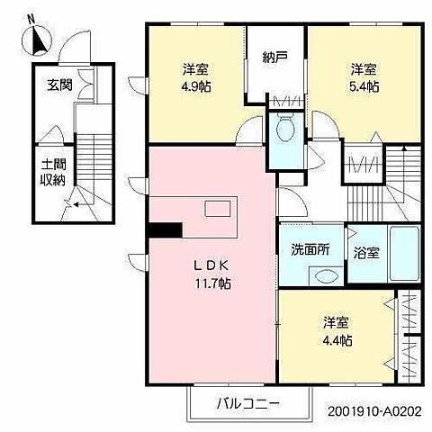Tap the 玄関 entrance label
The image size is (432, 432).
tap(59, 85)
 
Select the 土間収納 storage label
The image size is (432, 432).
tap(53, 173)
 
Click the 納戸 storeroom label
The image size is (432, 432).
tap(275, 57)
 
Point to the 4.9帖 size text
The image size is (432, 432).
tap(196, 87)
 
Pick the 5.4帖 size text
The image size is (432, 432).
tap(364, 87)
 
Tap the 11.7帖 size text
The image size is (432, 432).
tap(213, 283)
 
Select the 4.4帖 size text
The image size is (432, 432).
tap(337, 340)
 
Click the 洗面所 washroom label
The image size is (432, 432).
tap(310, 249)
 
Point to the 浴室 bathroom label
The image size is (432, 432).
tap(366, 253)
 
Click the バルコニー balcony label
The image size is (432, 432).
tap(248, 403)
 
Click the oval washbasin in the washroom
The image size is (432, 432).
tap(326, 276)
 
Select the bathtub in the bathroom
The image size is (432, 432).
tap(404, 253)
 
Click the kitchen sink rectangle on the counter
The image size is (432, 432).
tap(218, 209)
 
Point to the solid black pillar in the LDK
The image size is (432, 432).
tap(166, 230)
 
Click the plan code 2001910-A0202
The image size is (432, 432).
tap(374, 411)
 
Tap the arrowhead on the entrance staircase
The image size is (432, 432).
tap(76, 205)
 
